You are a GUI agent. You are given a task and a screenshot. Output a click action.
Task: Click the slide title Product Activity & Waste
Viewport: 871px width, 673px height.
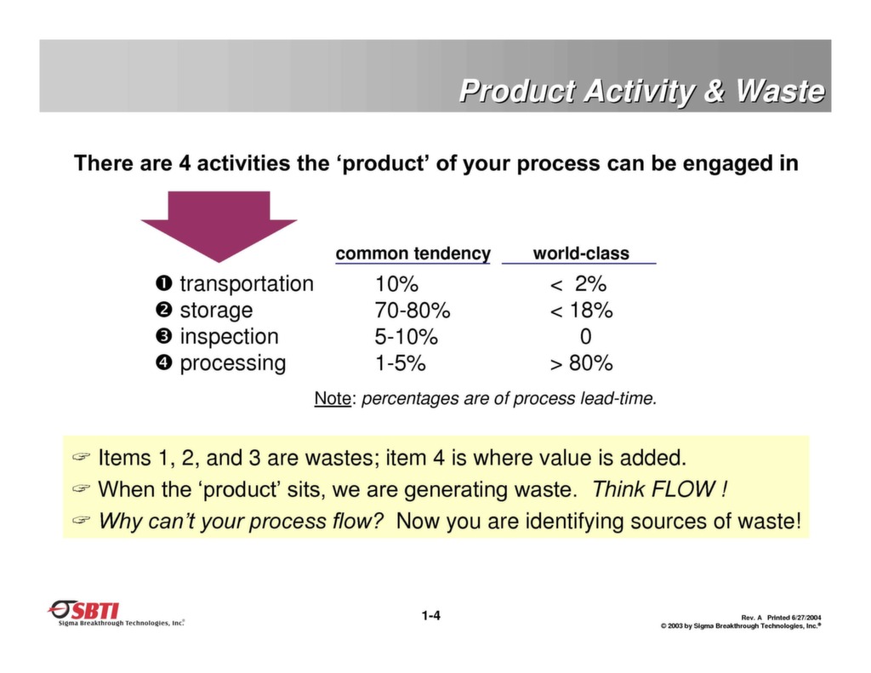[641, 91]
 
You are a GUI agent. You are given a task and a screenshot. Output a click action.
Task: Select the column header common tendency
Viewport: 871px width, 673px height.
[413, 254]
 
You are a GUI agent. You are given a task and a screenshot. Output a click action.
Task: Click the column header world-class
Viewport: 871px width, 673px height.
[581, 254]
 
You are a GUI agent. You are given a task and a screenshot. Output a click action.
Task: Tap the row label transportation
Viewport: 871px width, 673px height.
[246, 283]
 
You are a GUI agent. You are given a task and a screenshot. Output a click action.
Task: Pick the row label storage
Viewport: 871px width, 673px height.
[216, 310]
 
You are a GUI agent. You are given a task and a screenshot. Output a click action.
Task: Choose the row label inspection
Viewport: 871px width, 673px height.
[229, 336]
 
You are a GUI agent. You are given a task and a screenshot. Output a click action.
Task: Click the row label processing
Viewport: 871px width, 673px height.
[232, 362]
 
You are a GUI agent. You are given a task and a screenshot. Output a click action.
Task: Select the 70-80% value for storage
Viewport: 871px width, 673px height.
[413, 310]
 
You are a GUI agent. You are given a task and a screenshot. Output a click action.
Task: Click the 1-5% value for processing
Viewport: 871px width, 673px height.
[400, 362]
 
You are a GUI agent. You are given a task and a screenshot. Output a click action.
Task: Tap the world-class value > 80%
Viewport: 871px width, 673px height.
[581, 362]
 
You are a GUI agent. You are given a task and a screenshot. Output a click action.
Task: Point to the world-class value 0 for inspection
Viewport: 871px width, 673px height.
[585, 336]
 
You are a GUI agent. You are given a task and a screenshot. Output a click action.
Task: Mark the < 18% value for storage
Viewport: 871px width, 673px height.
[581, 310]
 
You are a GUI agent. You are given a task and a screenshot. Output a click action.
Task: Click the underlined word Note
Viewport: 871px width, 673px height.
[333, 398]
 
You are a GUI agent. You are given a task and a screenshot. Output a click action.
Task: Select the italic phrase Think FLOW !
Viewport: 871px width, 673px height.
[659, 489]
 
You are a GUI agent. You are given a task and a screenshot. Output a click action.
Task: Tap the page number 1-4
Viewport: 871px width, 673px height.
[430, 615]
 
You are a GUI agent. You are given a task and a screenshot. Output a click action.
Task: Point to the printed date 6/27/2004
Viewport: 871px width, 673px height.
[806, 617]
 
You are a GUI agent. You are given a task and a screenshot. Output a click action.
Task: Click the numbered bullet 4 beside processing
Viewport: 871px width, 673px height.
[163, 362]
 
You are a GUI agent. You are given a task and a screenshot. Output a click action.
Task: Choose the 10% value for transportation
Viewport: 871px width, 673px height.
[396, 283]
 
